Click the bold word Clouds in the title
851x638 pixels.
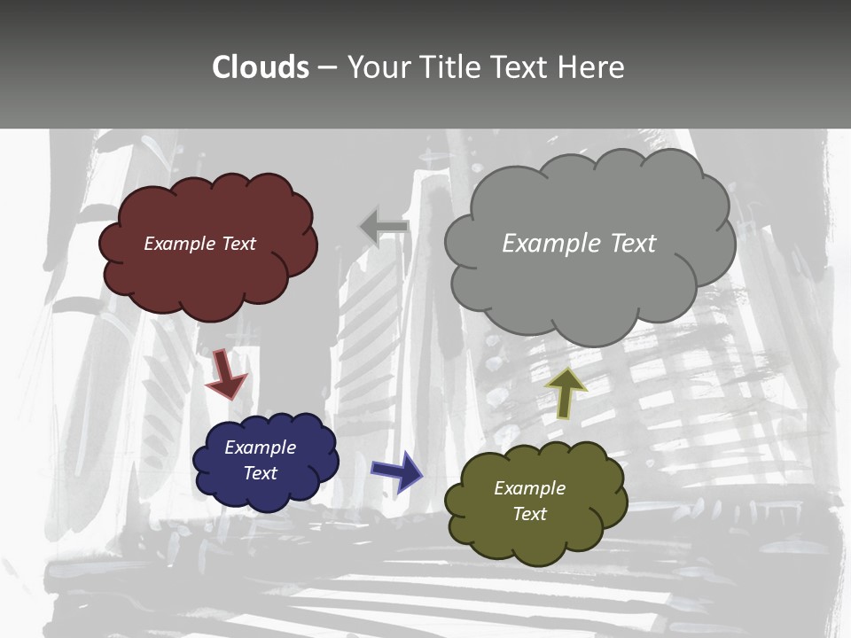[x=261, y=67]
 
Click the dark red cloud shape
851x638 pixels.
[x=208, y=275]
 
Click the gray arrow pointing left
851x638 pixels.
[x=384, y=227]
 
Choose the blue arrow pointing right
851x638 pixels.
[x=397, y=471]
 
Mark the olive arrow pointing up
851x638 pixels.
[x=566, y=392]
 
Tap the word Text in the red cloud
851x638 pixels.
[x=239, y=244]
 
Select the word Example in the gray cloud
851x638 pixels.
[x=550, y=244]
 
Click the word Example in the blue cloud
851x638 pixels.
[x=261, y=447]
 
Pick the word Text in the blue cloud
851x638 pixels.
[x=261, y=473]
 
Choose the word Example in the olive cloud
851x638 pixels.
[x=529, y=488]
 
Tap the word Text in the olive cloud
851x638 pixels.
[x=529, y=514]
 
